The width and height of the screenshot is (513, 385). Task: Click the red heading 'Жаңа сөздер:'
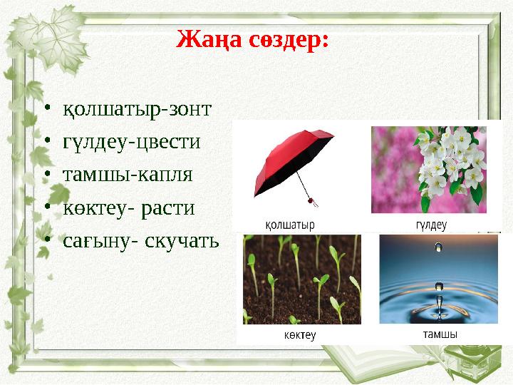click(x=252, y=38)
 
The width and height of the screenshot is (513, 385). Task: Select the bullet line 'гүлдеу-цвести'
click(x=131, y=142)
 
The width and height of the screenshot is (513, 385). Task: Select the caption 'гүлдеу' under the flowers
click(x=430, y=225)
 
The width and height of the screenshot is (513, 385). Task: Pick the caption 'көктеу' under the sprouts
click(x=299, y=334)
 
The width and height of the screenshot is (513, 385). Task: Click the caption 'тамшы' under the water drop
click(x=440, y=334)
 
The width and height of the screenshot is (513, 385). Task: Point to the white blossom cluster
click(x=449, y=160)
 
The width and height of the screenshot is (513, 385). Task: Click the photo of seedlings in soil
click(x=301, y=279)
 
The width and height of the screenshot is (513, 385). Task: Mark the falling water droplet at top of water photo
click(x=438, y=247)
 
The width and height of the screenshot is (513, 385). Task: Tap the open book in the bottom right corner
click(x=456, y=360)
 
